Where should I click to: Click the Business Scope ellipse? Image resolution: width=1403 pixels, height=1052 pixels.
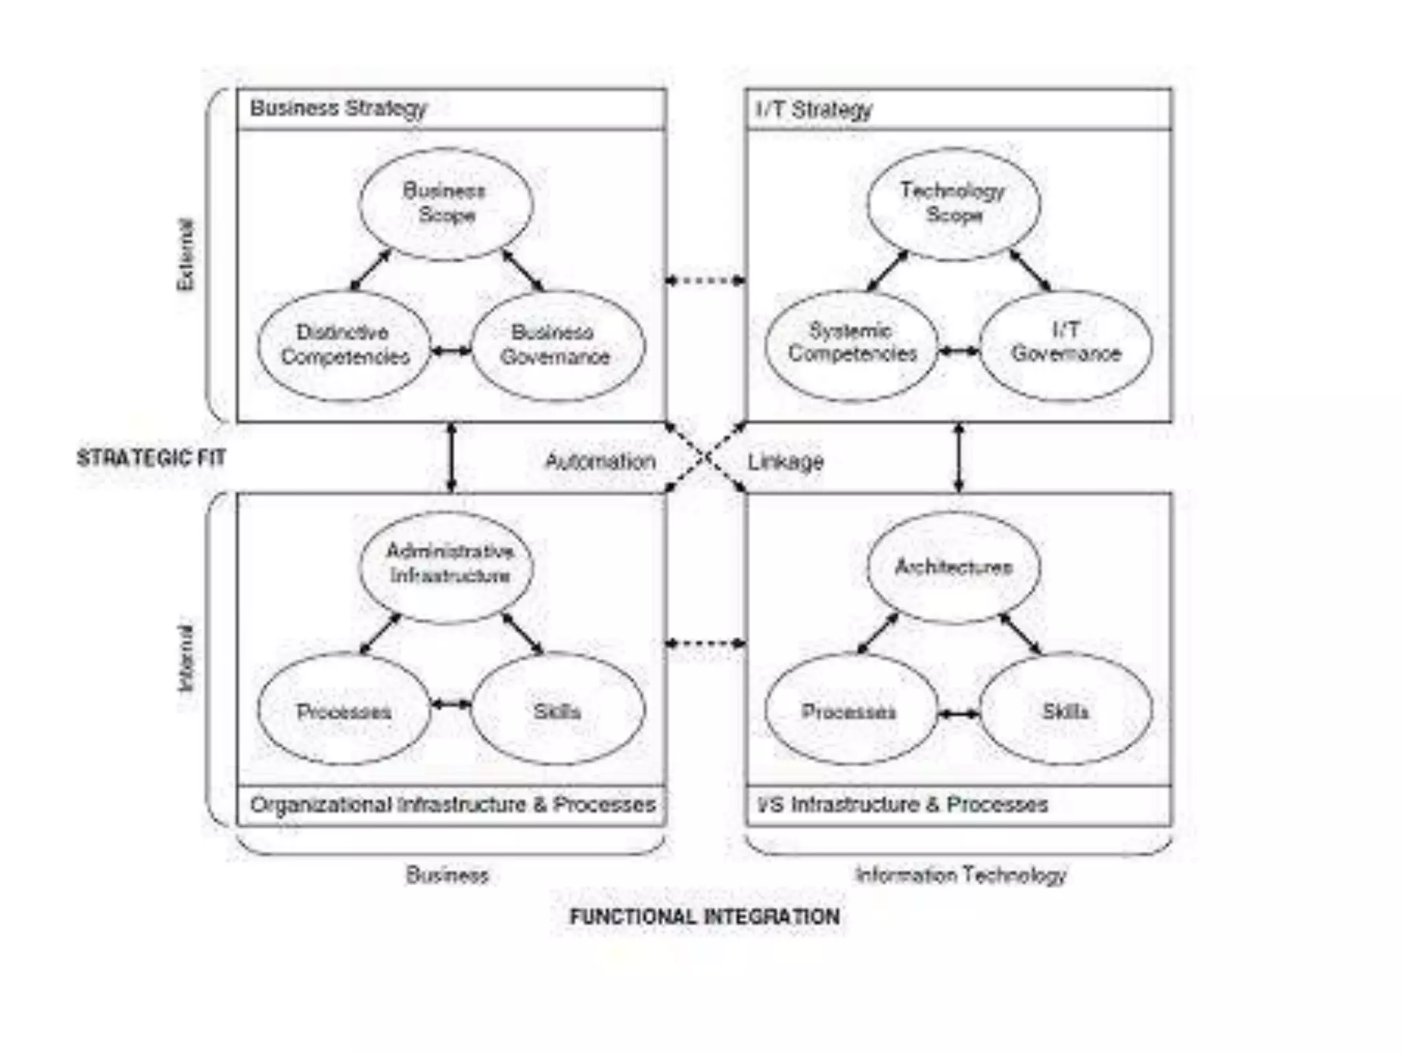tap(446, 203)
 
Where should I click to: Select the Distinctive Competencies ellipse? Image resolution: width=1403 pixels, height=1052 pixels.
tap(345, 345)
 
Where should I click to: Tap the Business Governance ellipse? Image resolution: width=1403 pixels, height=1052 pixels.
tap(557, 345)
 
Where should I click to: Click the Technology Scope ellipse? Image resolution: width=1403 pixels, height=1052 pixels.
tap(954, 203)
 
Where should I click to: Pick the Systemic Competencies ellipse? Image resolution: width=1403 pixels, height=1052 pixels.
tap(852, 344)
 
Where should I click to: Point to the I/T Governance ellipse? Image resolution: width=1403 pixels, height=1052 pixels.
tap(1066, 344)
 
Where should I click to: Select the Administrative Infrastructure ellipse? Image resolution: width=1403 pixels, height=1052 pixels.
tap(447, 566)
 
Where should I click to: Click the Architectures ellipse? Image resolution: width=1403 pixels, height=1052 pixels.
tap(954, 567)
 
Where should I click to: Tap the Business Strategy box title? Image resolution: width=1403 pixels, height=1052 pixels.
tap(338, 108)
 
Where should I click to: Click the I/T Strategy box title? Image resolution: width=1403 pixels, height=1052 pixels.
tap(814, 110)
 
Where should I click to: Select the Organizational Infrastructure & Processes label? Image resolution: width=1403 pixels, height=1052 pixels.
tap(452, 805)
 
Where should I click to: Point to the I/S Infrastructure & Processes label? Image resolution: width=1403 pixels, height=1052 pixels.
tap(903, 805)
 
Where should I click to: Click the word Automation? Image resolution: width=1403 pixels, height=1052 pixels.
tap(600, 462)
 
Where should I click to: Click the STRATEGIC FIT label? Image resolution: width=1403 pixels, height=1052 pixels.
tap(151, 458)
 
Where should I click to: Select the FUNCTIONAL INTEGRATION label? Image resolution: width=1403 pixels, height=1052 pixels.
tap(705, 916)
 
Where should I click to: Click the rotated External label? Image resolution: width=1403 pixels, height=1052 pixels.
tap(186, 255)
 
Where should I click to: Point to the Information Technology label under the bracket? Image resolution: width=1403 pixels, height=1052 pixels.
tap(960, 875)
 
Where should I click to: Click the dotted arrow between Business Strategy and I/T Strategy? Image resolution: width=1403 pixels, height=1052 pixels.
tap(706, 280)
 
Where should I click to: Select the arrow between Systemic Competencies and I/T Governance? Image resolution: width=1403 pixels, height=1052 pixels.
tap(958, 351)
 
